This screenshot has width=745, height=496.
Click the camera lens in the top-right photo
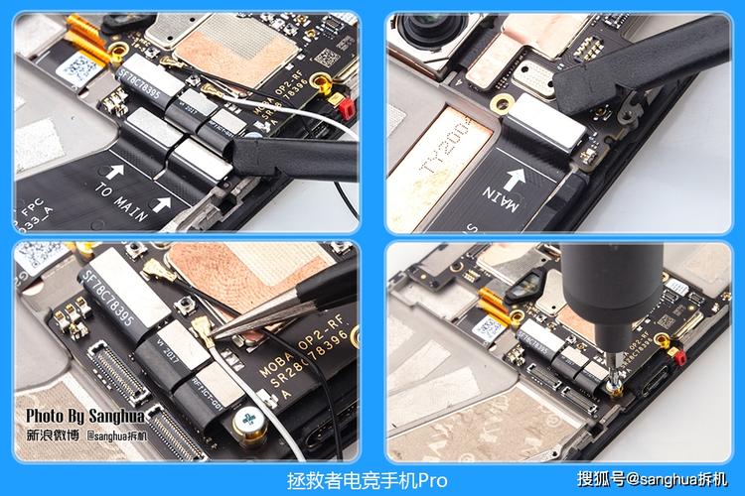point(423,36)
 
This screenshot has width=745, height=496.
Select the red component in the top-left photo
point(347,103)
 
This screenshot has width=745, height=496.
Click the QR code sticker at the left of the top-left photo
point(75,66)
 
